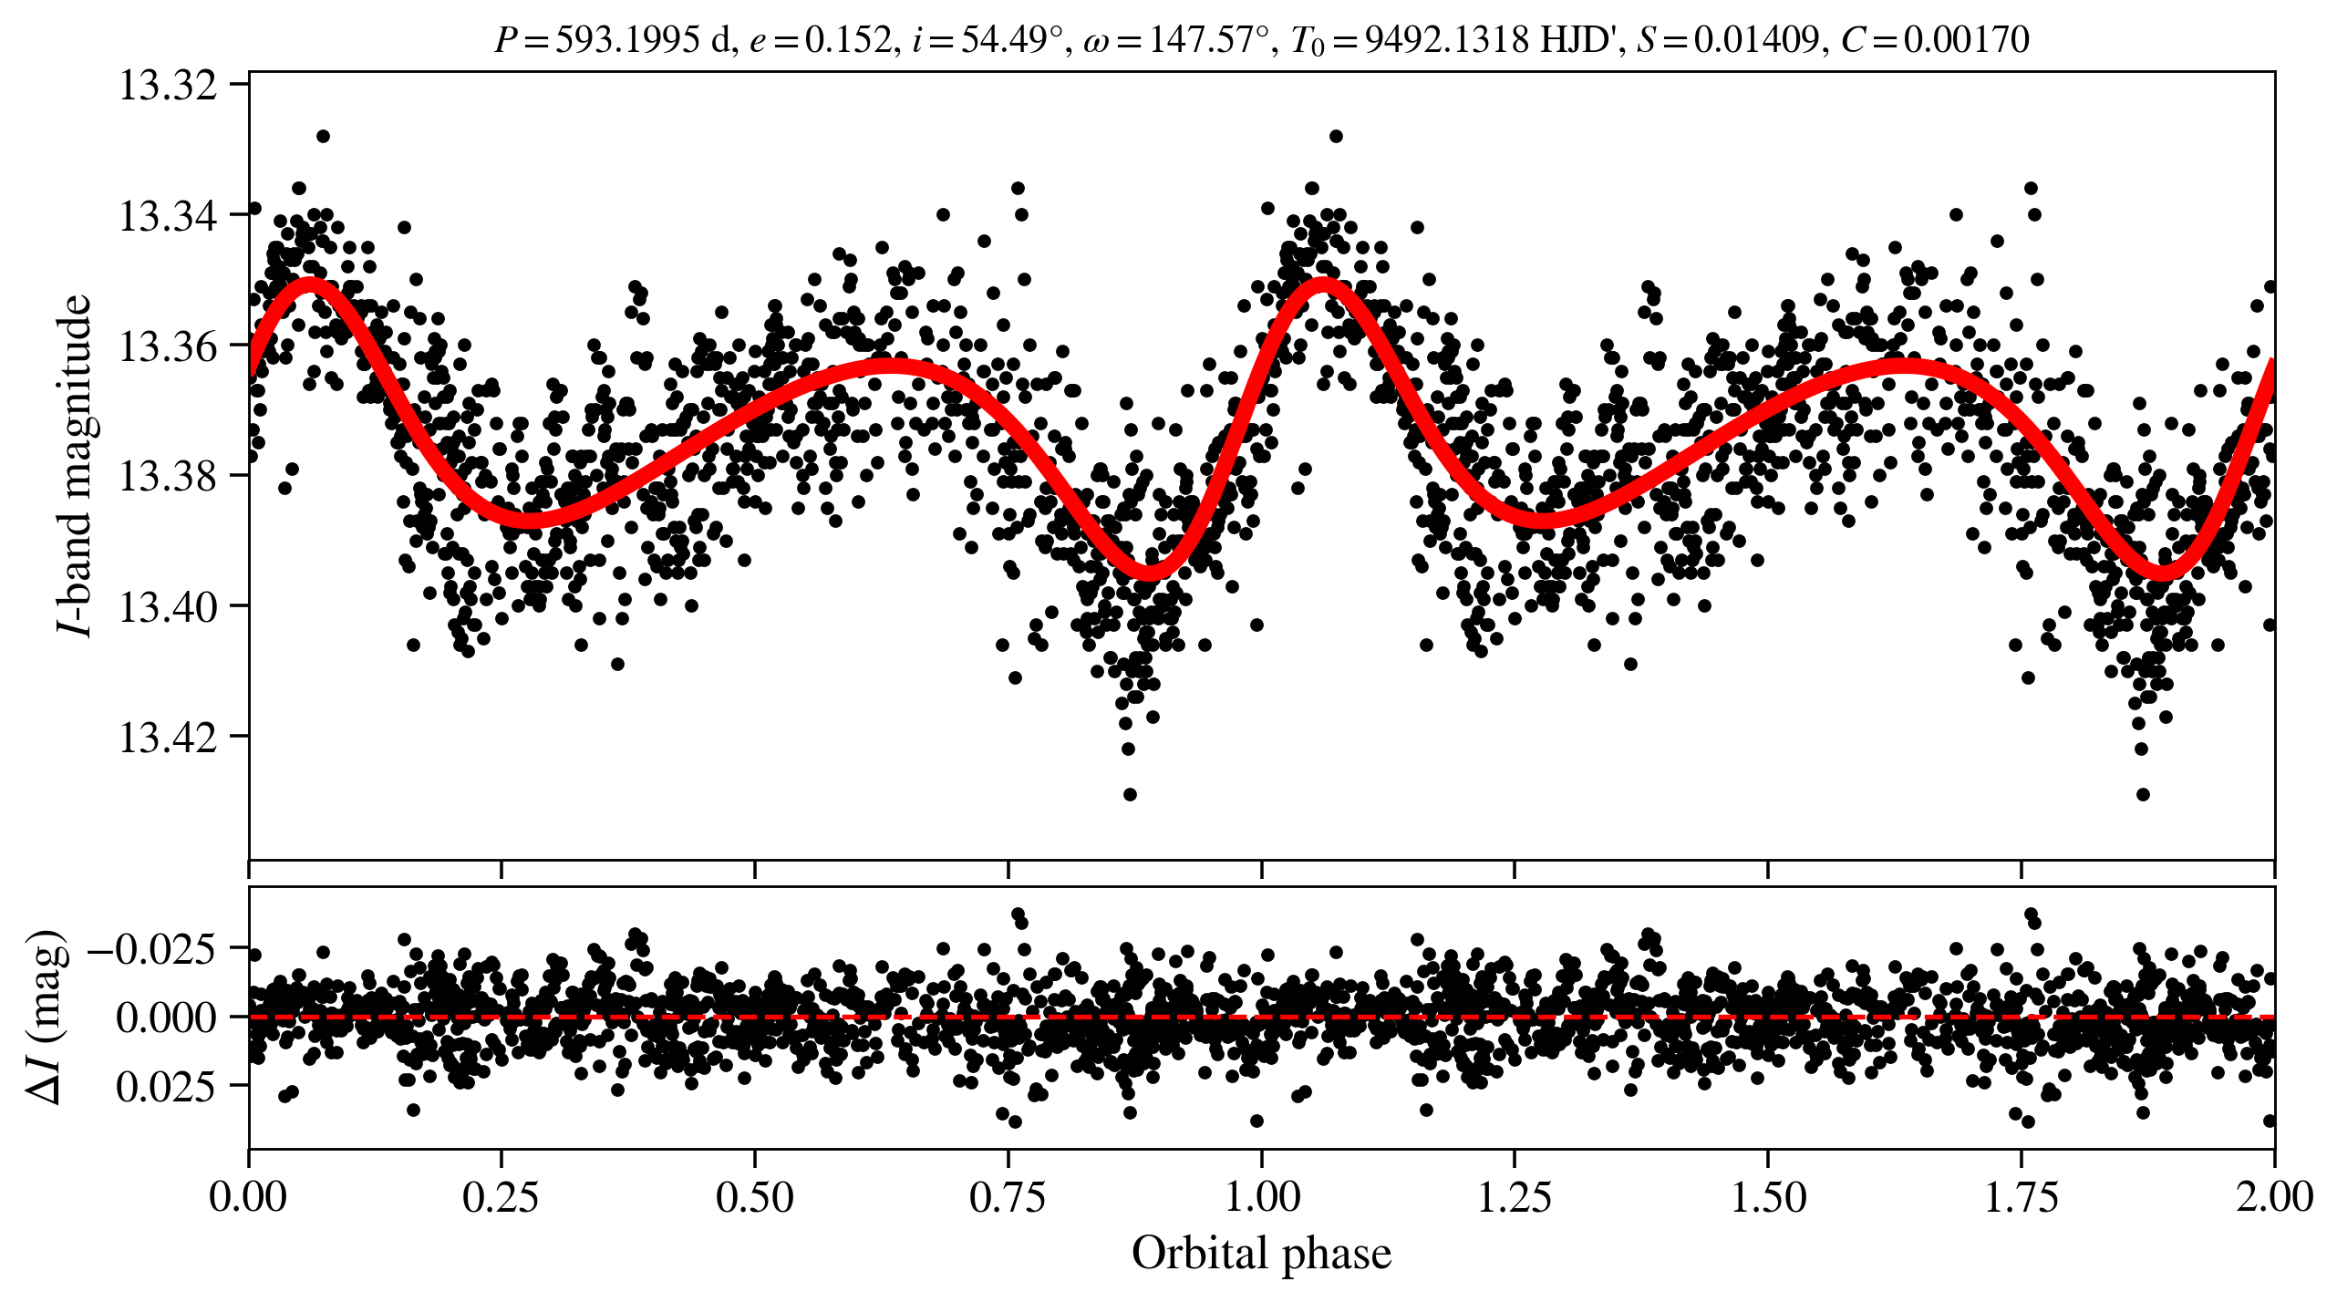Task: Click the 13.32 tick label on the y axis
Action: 168,86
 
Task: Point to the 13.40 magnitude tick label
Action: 168,606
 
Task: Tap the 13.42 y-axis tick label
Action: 168,737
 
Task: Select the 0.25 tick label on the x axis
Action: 501,1197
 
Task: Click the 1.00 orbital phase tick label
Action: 1261,1197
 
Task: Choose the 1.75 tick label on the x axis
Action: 2021,1197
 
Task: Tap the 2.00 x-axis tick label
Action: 2273,1197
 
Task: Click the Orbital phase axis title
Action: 1261,1254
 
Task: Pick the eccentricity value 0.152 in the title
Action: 848,40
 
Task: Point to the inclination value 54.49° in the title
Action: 1003,40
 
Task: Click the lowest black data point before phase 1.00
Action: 1130,794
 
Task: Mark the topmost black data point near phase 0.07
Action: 323,136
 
